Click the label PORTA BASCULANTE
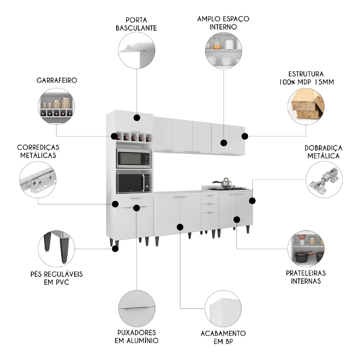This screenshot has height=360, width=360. (x=136, y=23)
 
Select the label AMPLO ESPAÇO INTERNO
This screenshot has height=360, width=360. (x=223, y=22)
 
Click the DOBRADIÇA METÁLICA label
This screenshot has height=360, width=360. (x=323, y=152)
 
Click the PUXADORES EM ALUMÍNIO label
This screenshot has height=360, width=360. (x=136, y=336)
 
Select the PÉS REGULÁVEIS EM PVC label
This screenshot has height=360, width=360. (x=57, y=278)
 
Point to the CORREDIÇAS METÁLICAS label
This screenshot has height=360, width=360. (x=38, y=151)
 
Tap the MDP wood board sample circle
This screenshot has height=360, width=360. (x=306, y=104)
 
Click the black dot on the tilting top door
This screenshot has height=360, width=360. (x=136, y=118)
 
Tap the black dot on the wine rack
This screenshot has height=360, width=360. (x=114, y=136)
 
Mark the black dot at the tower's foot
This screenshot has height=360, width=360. (x=115, y=248)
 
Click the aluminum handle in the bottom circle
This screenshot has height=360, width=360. (x=136, y=309)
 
